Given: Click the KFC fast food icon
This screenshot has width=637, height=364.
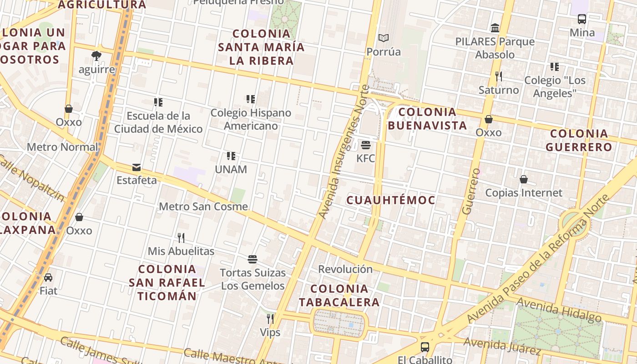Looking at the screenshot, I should pyautogui.click(x=366, y=145).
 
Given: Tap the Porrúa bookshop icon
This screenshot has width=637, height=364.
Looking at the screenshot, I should pyautogui.click(x=384, y=38).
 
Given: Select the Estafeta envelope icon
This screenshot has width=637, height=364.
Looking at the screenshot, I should pyautogui.click(x=136, y=167).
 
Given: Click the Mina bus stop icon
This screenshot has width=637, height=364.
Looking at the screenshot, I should pyautogui.click(x=582, y=19).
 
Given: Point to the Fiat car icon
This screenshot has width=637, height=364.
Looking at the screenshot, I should pyautogui.click(x=48, y=277).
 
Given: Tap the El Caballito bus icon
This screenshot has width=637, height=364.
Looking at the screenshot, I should pyautogui.click(x=425, y=347).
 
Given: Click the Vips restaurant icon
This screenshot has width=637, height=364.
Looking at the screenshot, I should pyautogui.click(x=270, y=318).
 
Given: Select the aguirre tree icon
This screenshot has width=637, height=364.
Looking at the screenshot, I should pyautogui.click(x=96, y=56).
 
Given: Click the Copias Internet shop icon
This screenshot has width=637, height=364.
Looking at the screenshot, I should pyautogui.click(x=524, y=179).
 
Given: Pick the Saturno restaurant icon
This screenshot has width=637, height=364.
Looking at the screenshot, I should pyautogui.click(x=499, y=76).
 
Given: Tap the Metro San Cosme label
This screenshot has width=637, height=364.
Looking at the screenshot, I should pyautogui.click(x=203, y=207).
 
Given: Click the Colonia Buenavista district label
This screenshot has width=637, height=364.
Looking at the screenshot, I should pyautogui.click(x=427, y=119).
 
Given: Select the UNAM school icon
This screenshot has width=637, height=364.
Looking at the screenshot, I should pyautogui.click(x=231, y=156).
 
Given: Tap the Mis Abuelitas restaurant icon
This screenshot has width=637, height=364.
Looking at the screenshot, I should pyautogui.click(x=181, y=238).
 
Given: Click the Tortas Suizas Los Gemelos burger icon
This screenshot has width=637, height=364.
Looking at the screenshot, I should pyautogui.click(x=253, y=259).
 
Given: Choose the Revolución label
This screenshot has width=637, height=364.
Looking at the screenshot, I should pyautogui.click(x=345, y=269).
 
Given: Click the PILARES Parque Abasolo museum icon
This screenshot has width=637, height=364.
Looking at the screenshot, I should pyautogui.click(x=495, y=28).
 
